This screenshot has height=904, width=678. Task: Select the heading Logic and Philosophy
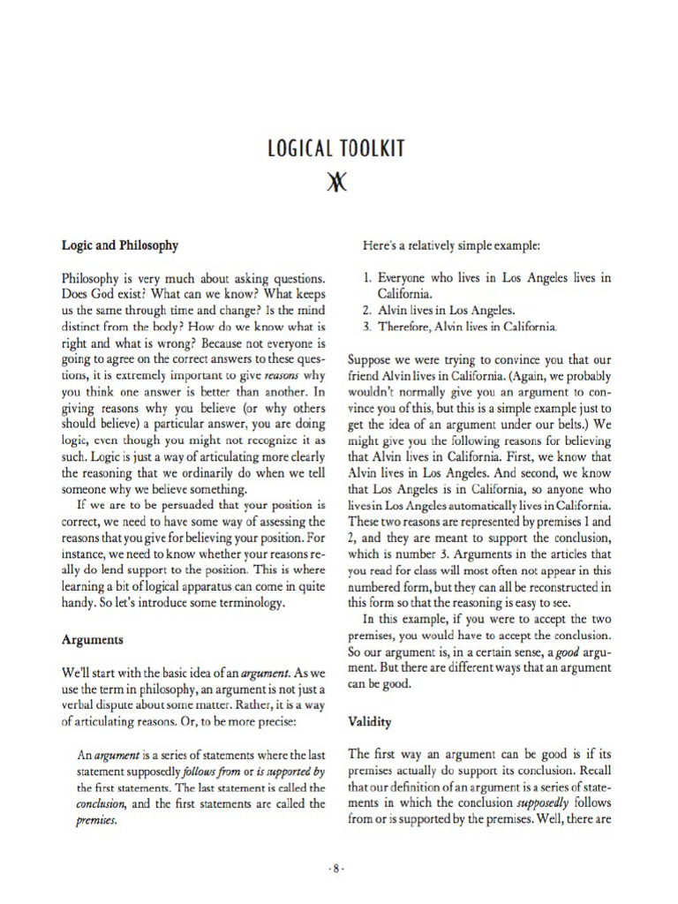[x=119, y=245]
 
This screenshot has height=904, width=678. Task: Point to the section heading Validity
[x=371, y=721]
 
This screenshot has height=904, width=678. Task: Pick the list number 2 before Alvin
[x=368, y=310]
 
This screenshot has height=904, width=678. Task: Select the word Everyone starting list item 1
[x=407, y=277]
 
